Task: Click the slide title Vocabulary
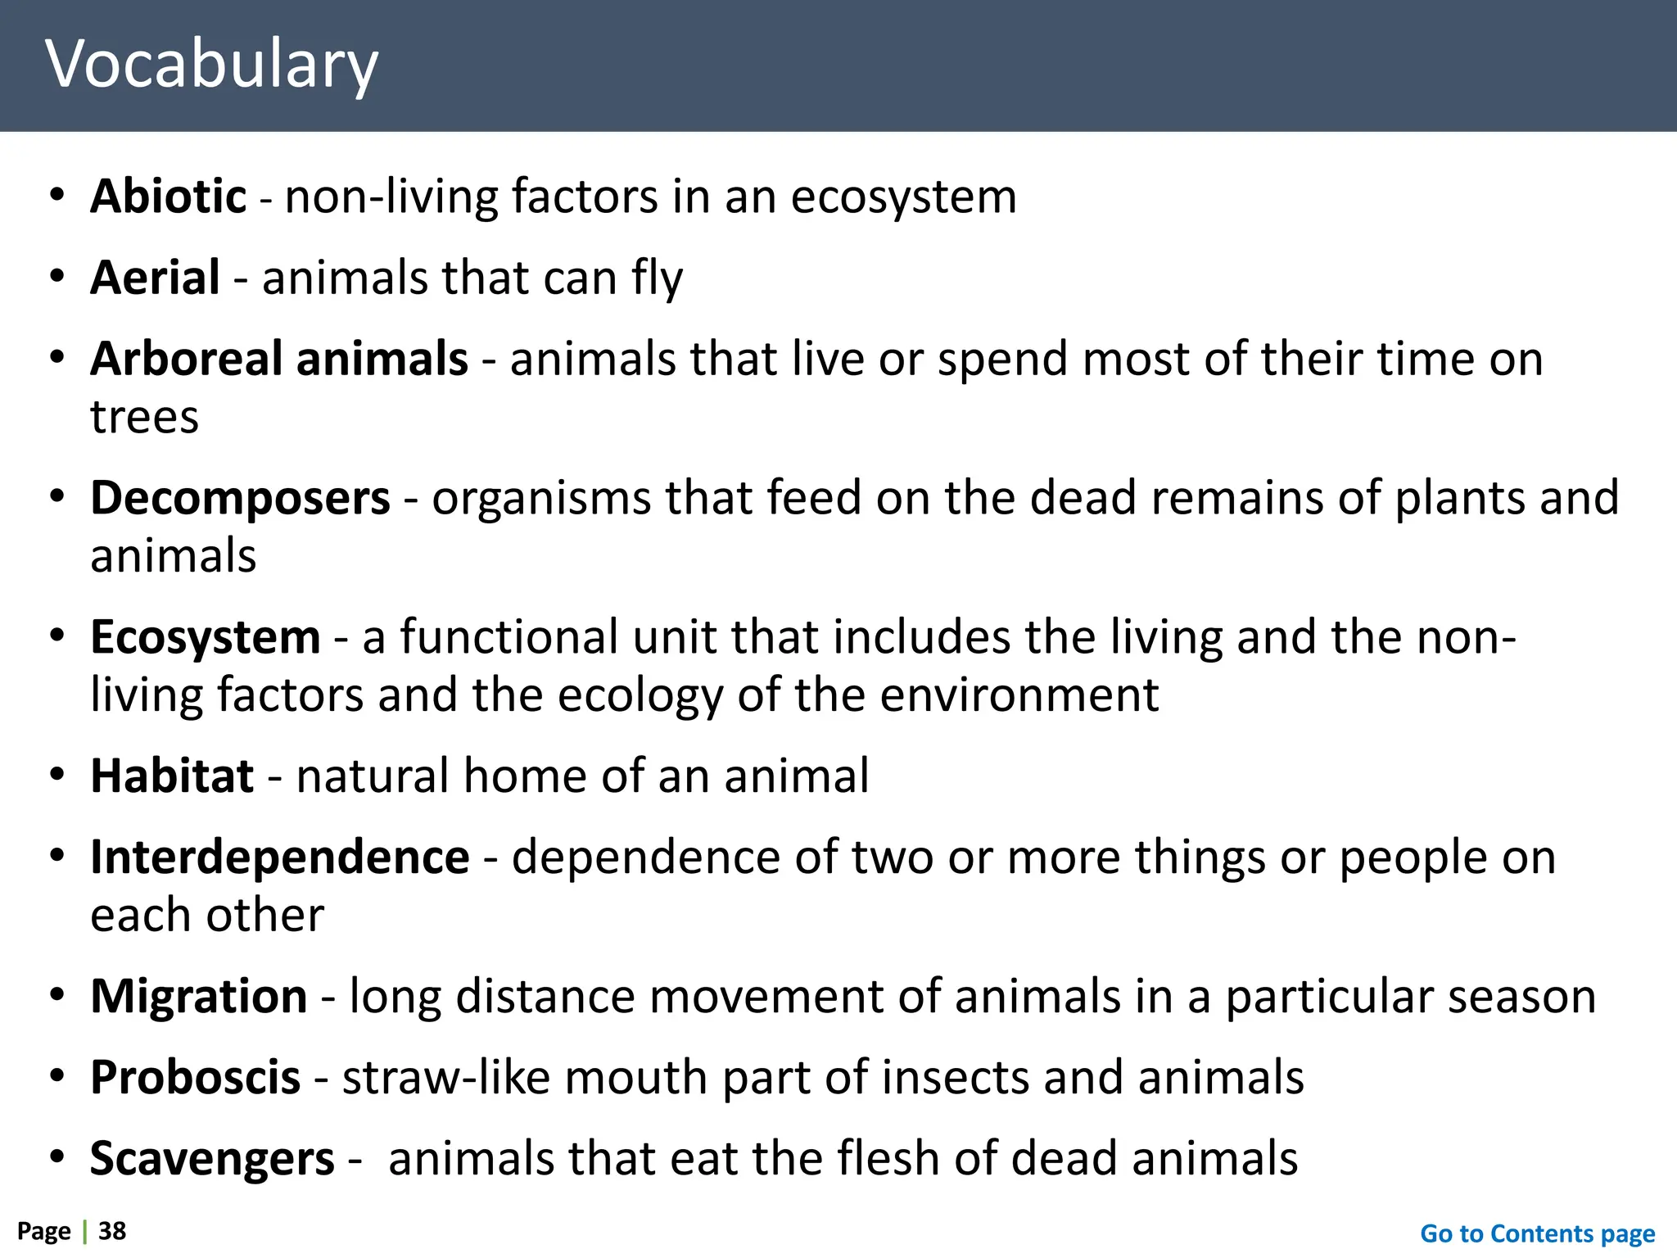click(x=211, y=64)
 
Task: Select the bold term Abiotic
click(x=168, y=197)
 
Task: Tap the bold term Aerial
click(x=155, y=278)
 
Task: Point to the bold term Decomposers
click(x=240, y=498)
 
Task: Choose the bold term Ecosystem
click(x=205, y=637)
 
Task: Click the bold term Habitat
click(x=172, y=776)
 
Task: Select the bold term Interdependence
click(x=279, y=858)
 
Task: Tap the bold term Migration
click(x=198, y=997)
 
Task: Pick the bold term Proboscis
click(x=195, y=1078)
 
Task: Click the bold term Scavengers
click(x=212, y=1159)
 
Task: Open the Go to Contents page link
click(x=1537, y=1233)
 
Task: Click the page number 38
click(x=112, y=1231)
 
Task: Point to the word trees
click(x=144, y=418)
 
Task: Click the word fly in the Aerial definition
click(x=657, y=278)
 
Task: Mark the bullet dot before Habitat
click(x=57, y=775)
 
